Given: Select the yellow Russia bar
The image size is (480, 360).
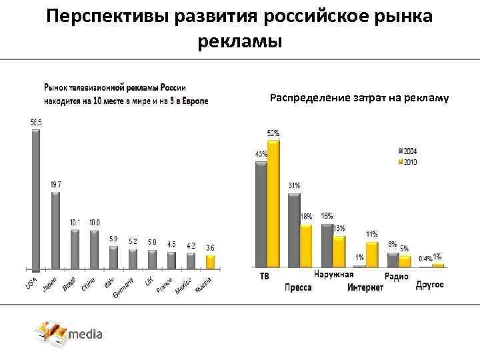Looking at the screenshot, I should tap(211, 261).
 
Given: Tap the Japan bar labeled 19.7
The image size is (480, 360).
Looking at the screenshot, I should tap(55, 230).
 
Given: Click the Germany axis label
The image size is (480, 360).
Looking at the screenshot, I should tap(124, 287).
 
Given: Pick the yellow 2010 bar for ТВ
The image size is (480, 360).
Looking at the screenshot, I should tap(273, 203).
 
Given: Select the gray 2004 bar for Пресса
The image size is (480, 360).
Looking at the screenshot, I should tap(294, 230).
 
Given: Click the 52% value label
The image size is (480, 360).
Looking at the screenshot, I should tap(273, 133).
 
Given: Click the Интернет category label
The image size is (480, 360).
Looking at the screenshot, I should tap(365, 287).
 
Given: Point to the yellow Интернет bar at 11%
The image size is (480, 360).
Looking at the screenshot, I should tap(371, 254).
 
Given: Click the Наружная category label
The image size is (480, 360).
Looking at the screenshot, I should tap(333, 275).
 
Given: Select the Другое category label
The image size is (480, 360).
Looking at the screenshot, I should tap(430, 285).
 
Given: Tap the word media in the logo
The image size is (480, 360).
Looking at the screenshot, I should tap(86, 334).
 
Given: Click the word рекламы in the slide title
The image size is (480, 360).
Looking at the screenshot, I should tap(240, 42).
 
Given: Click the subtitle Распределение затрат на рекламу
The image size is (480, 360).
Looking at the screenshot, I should tap(359, 98).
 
